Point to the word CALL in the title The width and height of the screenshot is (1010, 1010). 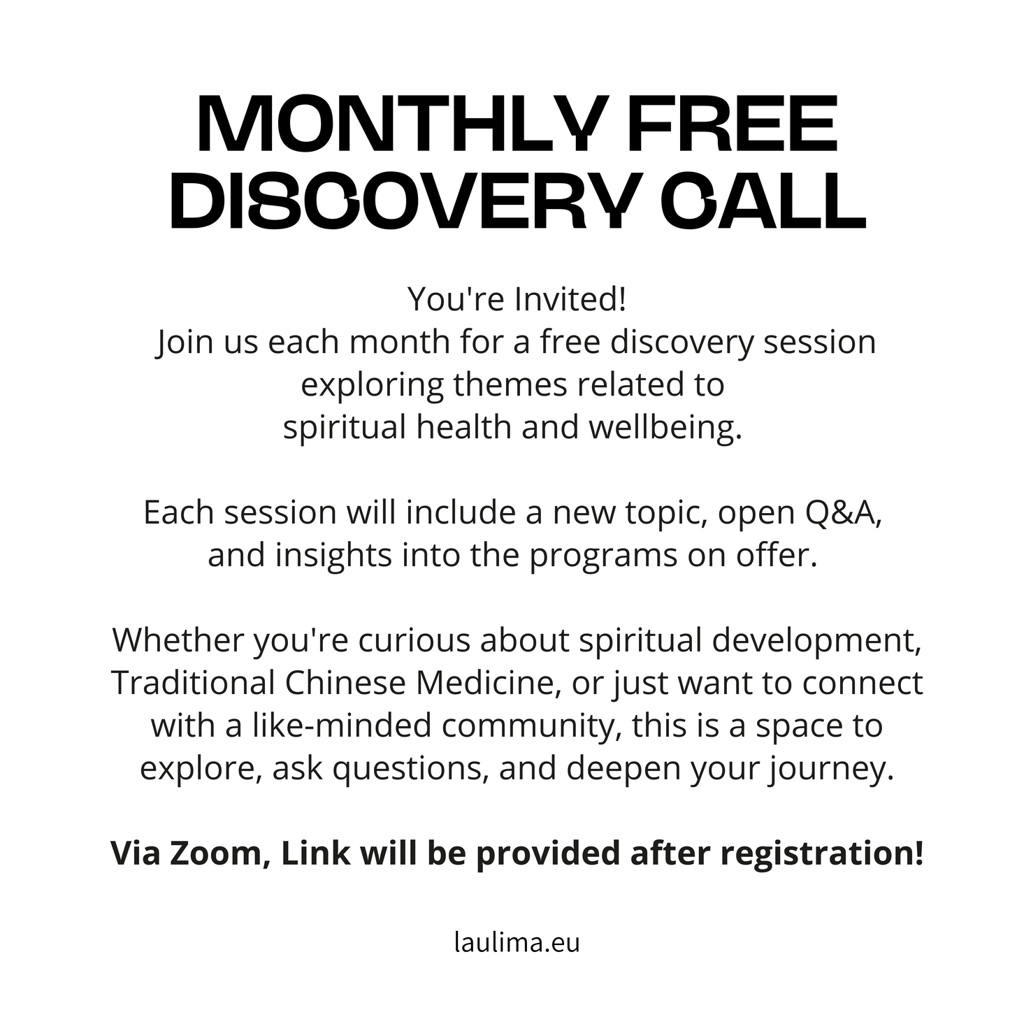point(763,201)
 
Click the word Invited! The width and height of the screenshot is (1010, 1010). point(570,299)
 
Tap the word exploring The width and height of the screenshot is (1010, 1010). point(373,385)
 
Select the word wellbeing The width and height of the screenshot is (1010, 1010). point(665,428)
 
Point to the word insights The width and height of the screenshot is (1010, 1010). point(334,556)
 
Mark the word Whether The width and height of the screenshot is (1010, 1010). point(178,640)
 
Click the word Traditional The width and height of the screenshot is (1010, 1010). point(193,684)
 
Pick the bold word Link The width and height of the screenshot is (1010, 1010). point(315,853)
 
